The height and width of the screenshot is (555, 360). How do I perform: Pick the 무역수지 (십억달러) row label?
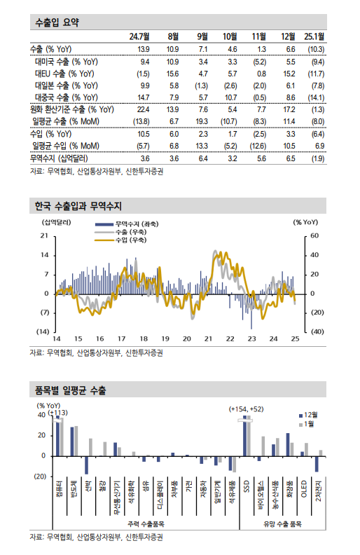pyautogui.click(x=62, y=158)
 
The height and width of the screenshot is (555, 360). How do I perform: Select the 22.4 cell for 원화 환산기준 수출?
pyautogui.click(x=143, y=110)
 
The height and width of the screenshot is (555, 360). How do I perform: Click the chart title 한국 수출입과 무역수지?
pyautogui.click(x=78, y=206)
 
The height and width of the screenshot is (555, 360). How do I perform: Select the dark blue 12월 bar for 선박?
pyautogui.click(x=87, y=465)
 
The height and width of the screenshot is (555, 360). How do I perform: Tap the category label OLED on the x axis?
pyautogui.click(x=304, y=489)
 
